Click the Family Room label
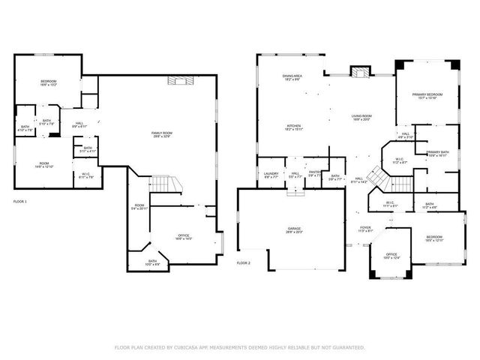pyautogui.click(x=162, y=133)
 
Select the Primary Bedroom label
pyautogui.click(x=427, y=94)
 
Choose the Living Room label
pyautogui.click(x=362, y=116)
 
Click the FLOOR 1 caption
pyautogui.click(x=20, y=202)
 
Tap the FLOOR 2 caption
pyautogui.click(x=244, y=263)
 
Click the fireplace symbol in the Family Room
pyautogui.click(x=179, y=81)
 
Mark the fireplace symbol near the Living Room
pyautogui.click(x=361, y=72)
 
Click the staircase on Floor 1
pyautogui.click(x=163, y=184)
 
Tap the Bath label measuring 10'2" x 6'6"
pyautogui.click(x=152, y=262)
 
